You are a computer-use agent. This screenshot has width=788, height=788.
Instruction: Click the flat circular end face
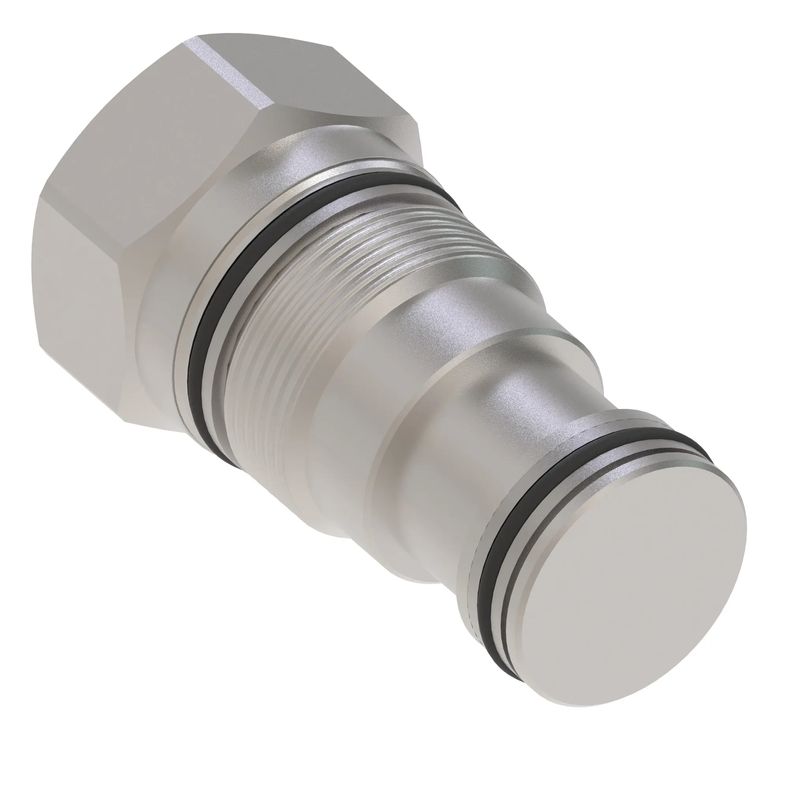[x=636, y=571]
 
